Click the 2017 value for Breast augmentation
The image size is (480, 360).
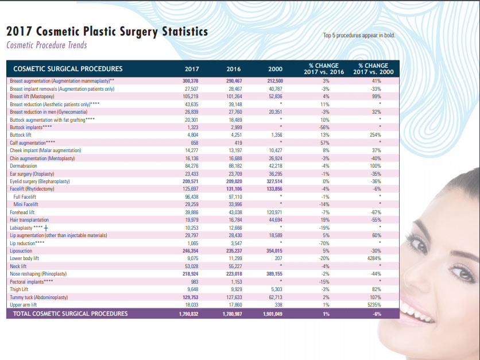(x=191, y=81)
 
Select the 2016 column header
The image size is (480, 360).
(x=234, y=69)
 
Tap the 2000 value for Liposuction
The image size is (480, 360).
(x=274, y=251)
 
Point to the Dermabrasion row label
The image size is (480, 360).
(x=24, y=166)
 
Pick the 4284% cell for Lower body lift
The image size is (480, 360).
(x=374, y=258)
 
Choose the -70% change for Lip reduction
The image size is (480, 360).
(x=324, y=243)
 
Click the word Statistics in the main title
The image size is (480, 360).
(x=185, y=32)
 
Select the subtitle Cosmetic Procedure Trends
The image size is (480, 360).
(x=47, y=45)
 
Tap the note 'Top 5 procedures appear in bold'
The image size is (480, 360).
(x=359, y=36)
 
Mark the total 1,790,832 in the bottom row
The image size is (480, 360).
(x=188, y=313)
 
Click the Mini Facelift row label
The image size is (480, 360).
(x=26, y=204)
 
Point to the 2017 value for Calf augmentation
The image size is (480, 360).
(x=195, y=143)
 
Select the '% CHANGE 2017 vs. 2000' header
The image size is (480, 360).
(x=373, y=69)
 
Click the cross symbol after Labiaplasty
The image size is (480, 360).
(x=46, y=228)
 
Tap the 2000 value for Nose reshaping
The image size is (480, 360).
(x=274, y=274)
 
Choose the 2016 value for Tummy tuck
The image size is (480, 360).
(x=234, y=297)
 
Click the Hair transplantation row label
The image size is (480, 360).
(x=29, y=220)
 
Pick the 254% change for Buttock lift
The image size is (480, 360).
(x=376, y=135)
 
